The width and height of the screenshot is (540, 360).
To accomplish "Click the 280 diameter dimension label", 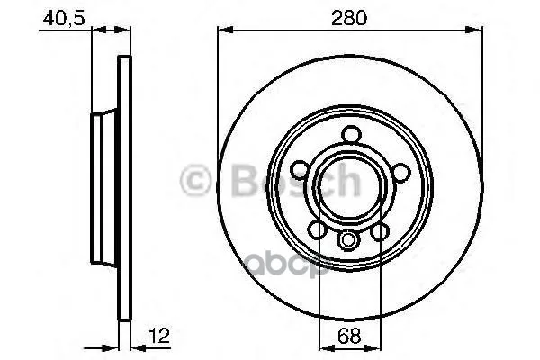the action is (x=349, y=18).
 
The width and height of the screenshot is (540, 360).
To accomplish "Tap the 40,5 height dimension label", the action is (x=64, y=18).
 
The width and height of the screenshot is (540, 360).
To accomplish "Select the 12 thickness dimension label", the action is (x=160, y=335).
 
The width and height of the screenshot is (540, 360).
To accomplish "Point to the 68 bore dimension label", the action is (x=349, y=335).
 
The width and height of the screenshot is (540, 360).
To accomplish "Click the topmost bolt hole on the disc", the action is (x=352, y=135).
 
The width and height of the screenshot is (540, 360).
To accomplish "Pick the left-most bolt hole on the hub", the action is (x=301, y=170).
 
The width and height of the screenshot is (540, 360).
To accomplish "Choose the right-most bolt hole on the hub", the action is (x=401, y=172).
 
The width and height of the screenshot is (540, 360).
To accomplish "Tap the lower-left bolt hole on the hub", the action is (x=317, y=229).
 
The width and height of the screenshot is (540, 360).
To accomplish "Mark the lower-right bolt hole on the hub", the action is (x=380, y=231).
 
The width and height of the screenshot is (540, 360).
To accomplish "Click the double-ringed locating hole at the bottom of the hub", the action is (x=347, y=240).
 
